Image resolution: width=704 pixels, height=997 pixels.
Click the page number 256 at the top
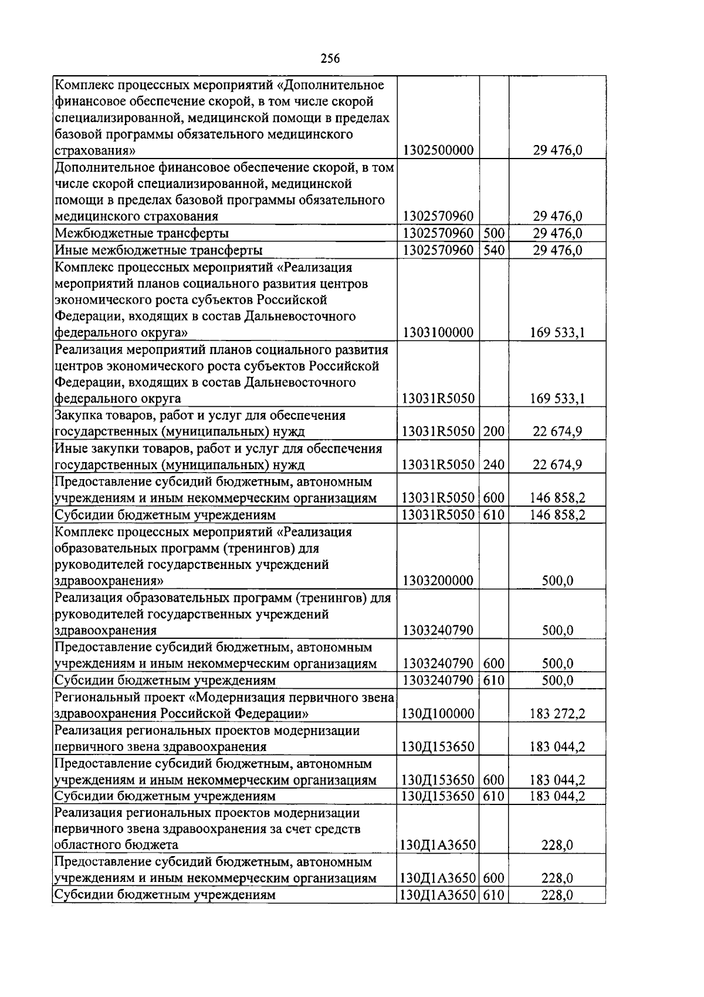click(330, 58)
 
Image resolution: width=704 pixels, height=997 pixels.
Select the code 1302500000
click(438, 150)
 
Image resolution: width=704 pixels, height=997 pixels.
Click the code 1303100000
click(438, 333)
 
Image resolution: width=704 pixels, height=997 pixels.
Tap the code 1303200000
click(438, 581)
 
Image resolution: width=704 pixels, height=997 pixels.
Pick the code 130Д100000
click(438, 714)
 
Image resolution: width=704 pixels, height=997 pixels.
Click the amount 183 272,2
click(557, 714)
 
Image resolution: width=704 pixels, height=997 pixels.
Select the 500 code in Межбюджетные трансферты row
click(494, 233)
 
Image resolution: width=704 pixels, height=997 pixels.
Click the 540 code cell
click(494, 250)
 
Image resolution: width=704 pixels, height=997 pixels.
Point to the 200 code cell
click(494, 432)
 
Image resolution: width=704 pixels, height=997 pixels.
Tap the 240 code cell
click(494, 465)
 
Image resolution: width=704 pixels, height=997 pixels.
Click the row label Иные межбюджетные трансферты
click(158, 251)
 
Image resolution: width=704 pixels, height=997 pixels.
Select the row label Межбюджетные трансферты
click(141, 234)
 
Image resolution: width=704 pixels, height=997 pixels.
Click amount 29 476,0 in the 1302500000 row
click(557, 150)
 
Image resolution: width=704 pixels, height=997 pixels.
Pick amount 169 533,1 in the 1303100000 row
click(557, 333)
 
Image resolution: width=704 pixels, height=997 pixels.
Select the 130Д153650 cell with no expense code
click(438, 747)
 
